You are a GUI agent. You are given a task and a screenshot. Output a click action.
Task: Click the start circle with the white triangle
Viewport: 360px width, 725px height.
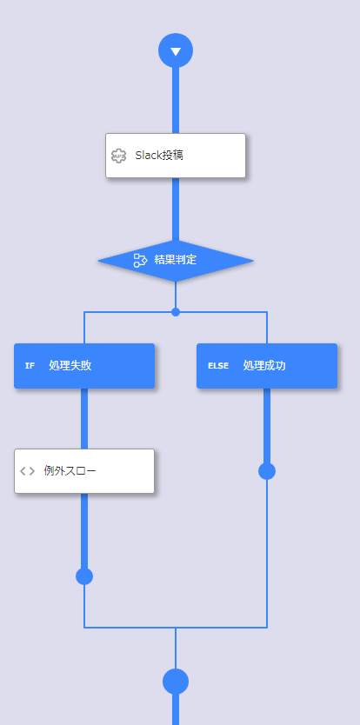176,50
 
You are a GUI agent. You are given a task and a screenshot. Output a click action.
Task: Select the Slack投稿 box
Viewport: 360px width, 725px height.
176,156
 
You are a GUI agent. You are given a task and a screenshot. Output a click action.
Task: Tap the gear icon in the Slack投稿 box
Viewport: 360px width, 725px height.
119,156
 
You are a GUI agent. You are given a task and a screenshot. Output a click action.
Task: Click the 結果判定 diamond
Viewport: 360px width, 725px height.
176,260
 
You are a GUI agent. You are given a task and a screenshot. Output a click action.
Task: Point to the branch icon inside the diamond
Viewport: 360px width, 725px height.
140,260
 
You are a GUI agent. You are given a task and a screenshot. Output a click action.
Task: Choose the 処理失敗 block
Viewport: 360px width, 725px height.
84,366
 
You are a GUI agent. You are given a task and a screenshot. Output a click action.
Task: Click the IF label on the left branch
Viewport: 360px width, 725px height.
30,366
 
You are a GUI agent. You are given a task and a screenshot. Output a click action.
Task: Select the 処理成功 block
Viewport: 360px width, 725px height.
267,366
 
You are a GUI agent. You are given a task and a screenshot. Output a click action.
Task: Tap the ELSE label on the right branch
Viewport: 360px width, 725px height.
218,366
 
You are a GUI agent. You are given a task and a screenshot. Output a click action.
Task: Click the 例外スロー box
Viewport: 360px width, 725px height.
84,471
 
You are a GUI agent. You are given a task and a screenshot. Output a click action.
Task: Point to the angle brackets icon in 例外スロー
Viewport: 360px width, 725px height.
27,471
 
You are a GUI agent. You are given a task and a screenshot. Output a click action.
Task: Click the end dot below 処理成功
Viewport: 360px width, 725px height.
267,471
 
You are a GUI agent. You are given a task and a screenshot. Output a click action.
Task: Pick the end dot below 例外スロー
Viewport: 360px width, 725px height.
84,576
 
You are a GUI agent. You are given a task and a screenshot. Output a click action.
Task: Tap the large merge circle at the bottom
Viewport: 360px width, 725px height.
176,682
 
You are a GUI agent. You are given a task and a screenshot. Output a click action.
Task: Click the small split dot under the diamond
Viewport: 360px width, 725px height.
176,312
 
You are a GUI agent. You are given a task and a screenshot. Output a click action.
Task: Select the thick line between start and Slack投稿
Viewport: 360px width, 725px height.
176,100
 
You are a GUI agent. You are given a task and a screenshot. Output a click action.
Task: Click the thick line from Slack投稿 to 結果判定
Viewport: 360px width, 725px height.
176,209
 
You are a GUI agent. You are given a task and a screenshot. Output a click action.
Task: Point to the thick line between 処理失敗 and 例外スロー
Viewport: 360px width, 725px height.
84,418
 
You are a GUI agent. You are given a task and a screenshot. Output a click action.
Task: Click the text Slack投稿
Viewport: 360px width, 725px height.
159,156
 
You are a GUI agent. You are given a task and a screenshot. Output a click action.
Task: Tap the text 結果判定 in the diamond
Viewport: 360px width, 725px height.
176,260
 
